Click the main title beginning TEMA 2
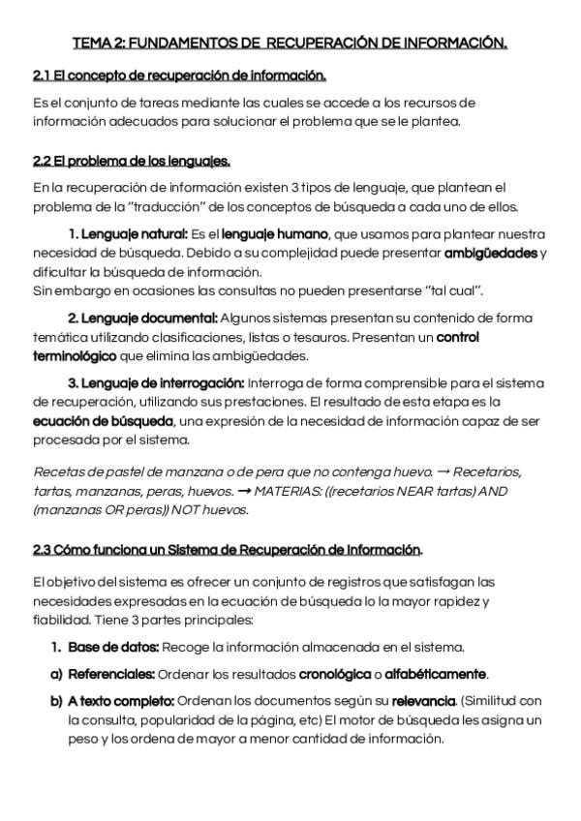pyautogui.click(x=290, y=43)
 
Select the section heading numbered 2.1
pyautogui.click(x=179, y=76)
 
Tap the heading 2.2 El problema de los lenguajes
pyautogui.click(x=131, y=161)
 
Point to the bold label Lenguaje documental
pyautogui.click(x=141, y=319)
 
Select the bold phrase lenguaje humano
pyautogui.click(x=276, y=234)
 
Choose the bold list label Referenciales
pyautogui.click(x=111, y=674)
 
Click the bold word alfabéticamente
pyautogui.click(x=436, y=674)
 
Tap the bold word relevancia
pyautogui.click(x=423, y=700)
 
